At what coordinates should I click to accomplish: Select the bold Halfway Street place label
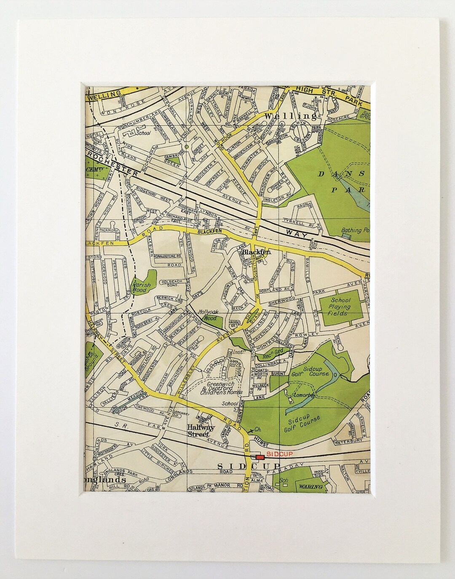[201, 430]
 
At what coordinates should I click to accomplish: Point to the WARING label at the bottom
[311, 487]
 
